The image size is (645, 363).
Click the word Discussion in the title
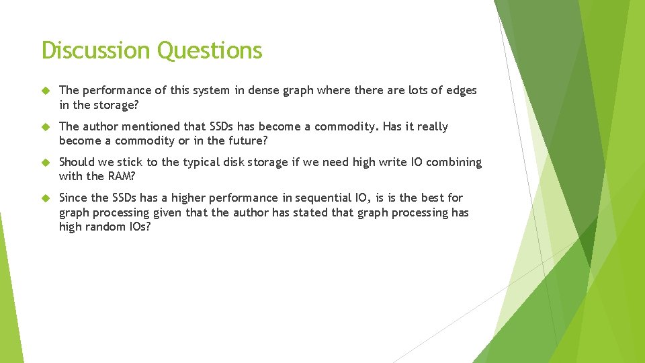click(x=95, y=50)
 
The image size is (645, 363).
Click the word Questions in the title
click(x=210, y=50)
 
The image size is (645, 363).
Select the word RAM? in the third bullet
click(x=120, y=176)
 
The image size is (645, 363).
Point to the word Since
click(x=73, y=198)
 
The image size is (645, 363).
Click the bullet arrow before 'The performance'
click(x=46, y=90)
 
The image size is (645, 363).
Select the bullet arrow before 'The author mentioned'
click(x=46, y=126)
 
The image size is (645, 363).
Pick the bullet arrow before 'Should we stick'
click(x=46, y=162)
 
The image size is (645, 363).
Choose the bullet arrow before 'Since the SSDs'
click(x=46, y=198)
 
